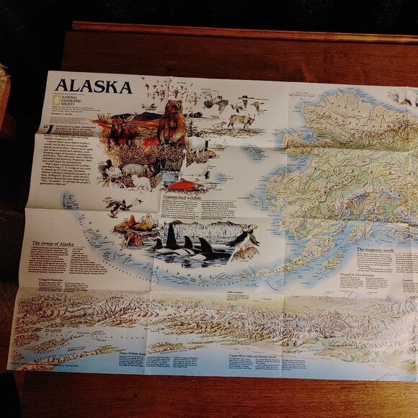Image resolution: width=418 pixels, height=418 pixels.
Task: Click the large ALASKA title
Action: (94, 87)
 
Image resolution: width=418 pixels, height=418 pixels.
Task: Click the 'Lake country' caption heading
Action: (235, 293)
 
